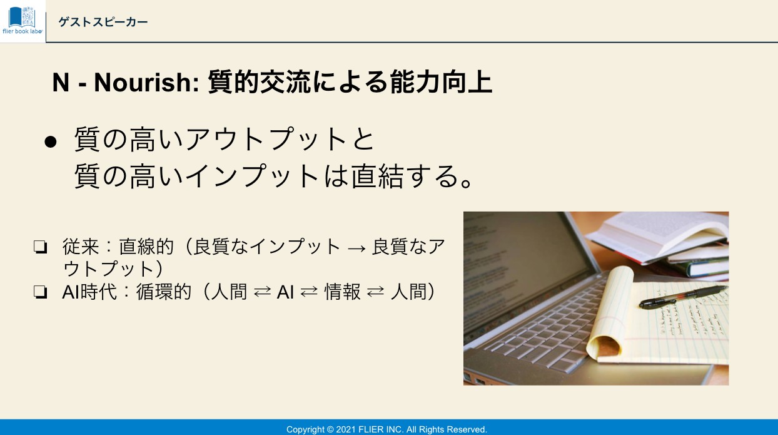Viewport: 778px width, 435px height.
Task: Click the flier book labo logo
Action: [x=23, y=21]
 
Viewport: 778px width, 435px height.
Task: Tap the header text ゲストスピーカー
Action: [x=103, y=23]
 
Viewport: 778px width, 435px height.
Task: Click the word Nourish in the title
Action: [x=146, y=83]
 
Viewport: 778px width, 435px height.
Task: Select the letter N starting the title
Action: [x=61, y=83]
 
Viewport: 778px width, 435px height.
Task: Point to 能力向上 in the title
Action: [x=441, y=82]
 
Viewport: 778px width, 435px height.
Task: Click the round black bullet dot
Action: [x=51, y=142]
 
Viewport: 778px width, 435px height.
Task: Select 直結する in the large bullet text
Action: [x=404, y=177]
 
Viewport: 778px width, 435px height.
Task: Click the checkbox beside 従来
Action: [x=40, y=247]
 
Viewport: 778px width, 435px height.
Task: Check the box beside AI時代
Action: [x=40, y=292]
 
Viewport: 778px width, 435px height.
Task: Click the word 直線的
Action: [x=146, y=247]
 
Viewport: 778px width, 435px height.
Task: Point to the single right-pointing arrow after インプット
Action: [x=356, y=248]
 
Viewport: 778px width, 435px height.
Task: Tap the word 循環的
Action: [x=164, y=292]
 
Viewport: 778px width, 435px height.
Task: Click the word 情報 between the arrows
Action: [x=342, y=292]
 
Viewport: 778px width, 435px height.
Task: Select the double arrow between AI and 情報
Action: [x=309, y=292]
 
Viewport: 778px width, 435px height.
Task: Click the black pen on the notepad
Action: [x=683, y=297]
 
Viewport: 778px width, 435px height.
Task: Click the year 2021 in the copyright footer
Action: [x=346, y=429]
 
